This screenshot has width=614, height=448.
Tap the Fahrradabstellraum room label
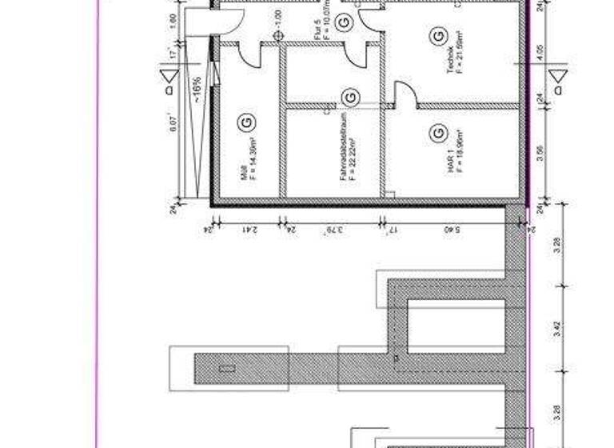tap(342, 159)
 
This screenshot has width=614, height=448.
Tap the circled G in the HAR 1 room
tap(437, 131)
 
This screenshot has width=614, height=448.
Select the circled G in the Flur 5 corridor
tap(342, 23)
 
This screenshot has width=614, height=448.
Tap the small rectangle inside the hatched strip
tap(227, 369)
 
